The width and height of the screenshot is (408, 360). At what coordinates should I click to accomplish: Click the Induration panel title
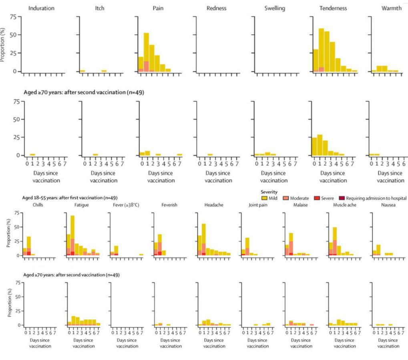41,8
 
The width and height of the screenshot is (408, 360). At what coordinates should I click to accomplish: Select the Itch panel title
99,8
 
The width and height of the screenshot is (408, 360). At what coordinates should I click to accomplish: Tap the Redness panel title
216,8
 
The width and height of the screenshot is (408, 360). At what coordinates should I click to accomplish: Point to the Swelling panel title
275,8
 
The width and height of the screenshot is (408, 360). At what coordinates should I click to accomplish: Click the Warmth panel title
391,8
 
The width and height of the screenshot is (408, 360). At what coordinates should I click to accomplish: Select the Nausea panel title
385,205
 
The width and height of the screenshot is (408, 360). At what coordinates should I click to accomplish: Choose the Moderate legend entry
296,198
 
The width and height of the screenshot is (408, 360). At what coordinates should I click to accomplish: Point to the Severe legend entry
324,198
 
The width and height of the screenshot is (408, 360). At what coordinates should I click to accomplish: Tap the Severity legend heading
269,192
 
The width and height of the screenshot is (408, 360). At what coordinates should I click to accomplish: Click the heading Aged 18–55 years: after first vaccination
70,198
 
